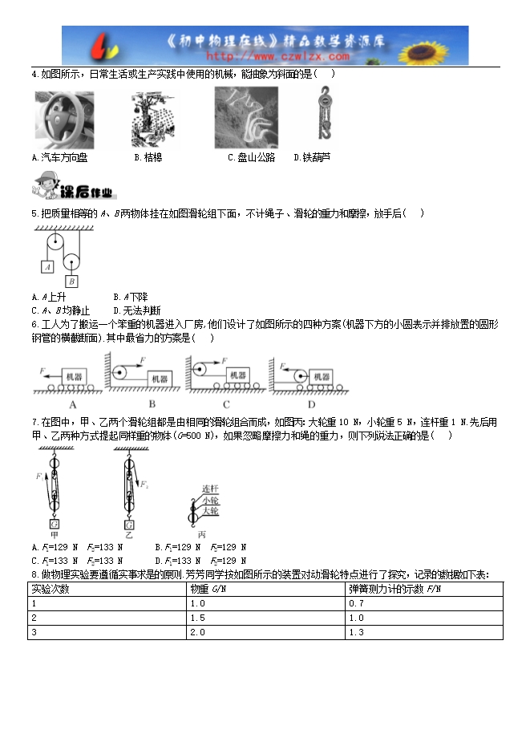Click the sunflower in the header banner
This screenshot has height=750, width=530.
(445, 45)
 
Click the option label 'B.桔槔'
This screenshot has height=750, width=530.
(148, 158)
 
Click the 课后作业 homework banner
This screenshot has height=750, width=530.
(73, 189)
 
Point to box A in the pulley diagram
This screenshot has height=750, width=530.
(47, 266)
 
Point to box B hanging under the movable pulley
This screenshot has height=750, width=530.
(71, 281)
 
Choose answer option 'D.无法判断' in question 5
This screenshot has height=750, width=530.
(137, 310)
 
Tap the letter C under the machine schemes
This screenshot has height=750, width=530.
(226, 404)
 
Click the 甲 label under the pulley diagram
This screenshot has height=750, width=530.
(54, 534)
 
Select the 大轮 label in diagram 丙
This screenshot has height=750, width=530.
(210, 511)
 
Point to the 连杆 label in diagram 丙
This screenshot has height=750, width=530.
(210, 489)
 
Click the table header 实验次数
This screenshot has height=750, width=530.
(51, 590)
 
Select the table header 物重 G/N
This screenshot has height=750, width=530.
(208, 590)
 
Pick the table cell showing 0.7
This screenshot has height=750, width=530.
(358, 603)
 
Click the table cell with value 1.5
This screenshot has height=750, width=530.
(198, 618)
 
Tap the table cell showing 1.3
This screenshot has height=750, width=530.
(358, 632)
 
